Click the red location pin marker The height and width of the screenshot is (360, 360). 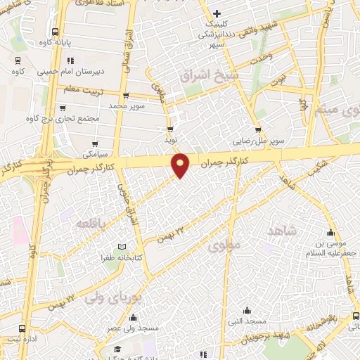pyautogui.click(x=181, y=165)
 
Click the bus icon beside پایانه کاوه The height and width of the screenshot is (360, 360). pyautogui.click(x=55, y=32)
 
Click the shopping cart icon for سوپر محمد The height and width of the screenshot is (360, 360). pyautogui.click(x=126, y=96)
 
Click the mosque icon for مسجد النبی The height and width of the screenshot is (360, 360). pyautogui.click(x=247, y=310)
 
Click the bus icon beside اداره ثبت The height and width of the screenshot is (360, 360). pyautogui.click(x=23, y=328)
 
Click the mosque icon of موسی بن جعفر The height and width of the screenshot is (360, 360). pyautogui.click(x=331, y=233)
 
